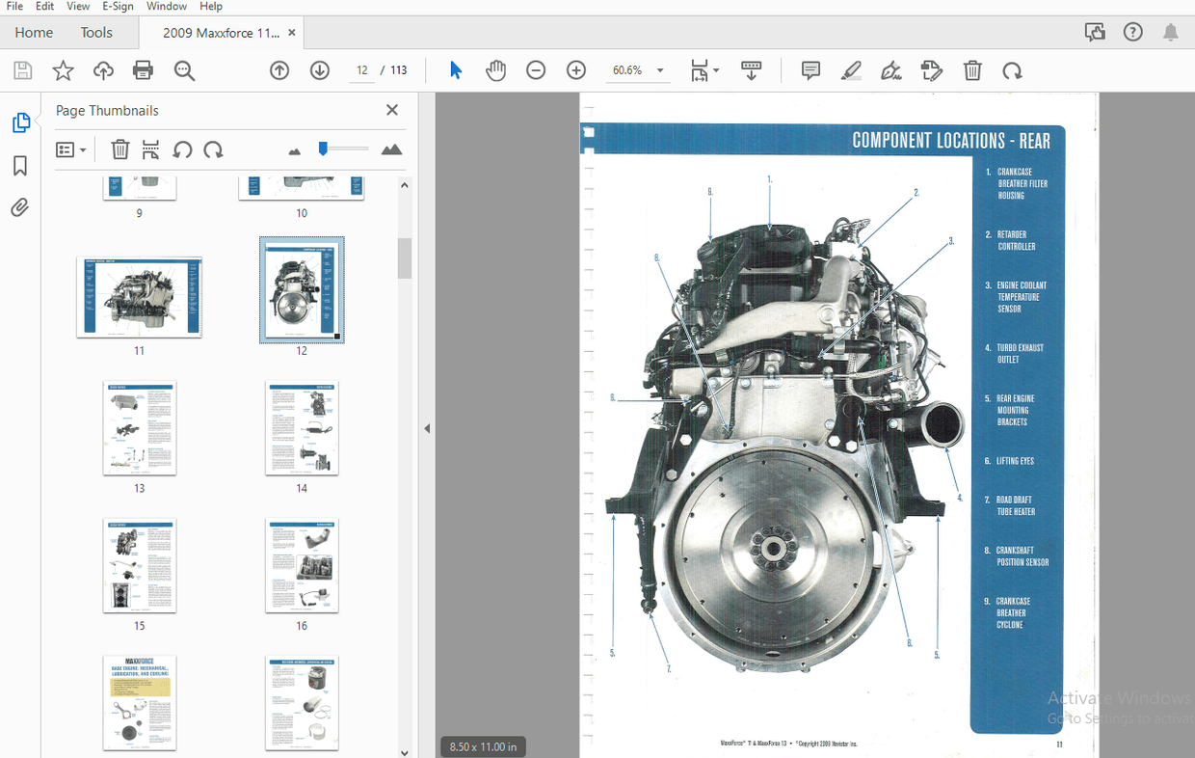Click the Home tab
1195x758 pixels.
pos(34,33)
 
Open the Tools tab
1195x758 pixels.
pos(96,33)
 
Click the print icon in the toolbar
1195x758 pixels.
pos(143,70)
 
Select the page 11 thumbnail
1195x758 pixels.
pos(139,297)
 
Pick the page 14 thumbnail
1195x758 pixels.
pos(302,428)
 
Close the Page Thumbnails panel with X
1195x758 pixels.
pos(392,110)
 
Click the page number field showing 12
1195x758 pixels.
pos(362,70)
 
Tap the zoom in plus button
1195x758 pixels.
pos(576,70)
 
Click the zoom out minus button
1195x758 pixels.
pos(536,70)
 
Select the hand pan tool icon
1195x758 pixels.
pos(495,70)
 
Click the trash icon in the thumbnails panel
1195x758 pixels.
pos(120,149)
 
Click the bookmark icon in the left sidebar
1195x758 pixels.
pos(20,166)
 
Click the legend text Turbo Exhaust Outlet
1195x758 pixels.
pos(1020,353)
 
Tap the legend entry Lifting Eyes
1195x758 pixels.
pos(1015,461)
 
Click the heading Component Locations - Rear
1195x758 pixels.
pos(950,141)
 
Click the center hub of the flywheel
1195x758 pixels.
pos(773,549)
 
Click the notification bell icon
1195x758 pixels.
pos(1170,33)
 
